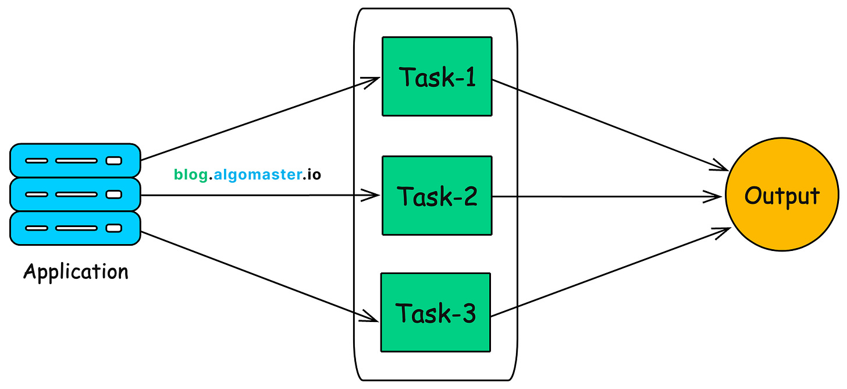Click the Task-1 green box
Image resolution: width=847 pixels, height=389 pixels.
tap(437, 76)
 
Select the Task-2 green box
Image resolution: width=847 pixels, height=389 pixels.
tap(437, 196)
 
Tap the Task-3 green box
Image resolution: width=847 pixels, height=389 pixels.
tap(435, 312)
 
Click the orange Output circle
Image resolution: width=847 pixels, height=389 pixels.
tap(782, 196)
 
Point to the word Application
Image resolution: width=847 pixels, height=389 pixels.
tap(76, 272)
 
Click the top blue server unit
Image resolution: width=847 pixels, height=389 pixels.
tap(75, 160)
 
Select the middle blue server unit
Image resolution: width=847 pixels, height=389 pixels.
tap(75, 194)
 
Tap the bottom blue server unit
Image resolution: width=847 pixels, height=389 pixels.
tap(75, 228)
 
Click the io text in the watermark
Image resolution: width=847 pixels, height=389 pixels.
tap(314, 174)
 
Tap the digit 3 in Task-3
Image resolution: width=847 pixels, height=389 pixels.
tap(467, 314)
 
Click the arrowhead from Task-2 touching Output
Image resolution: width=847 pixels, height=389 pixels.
tap(717, 196)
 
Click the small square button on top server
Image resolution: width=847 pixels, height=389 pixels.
tap(113, 160)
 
